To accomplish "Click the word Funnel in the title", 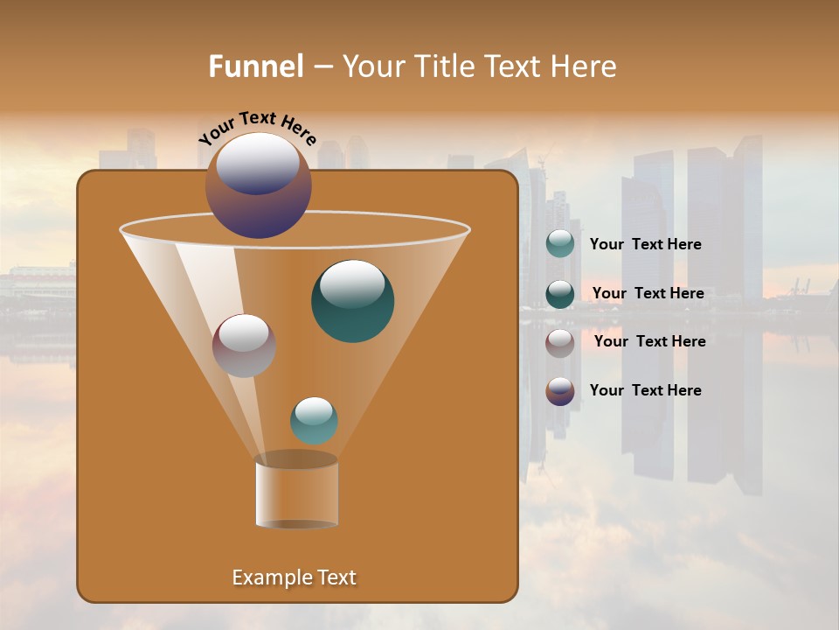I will pyautogui.click(x=256, y=66).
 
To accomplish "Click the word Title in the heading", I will pyautogui.click(x=444, y=66).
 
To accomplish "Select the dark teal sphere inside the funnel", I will pyautogui.click(x=353, y=302).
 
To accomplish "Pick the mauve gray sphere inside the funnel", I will pyautogui.click(x=244, y=346).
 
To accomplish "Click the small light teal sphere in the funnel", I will pyautogui.click(x=314, y=421).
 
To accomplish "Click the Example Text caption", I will pyautogui.click(x=294, y=577).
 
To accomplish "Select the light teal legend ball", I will pyautogui.click(x=560, y=244).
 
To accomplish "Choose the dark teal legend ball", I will pyautogui.click(x=560, y=294).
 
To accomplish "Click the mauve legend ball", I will pyautogui.click(x=560, y=342).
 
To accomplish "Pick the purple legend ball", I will pyautogui.click(x=560, y=391).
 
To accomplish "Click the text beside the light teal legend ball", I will pyautogui.click(x=645, y=244).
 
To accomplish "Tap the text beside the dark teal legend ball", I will pyautogui.click(x=648, y=293).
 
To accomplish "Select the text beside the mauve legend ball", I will pyautogui.click(x=649, y=341).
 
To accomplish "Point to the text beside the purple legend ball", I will pyautogui.click(x=645, y=390).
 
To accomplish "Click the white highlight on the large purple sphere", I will pyautogui.click(x=257, y=164).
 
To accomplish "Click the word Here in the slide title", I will pyautogui.click(x=584, y=66).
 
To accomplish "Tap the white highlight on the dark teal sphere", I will pyautogui.click(x=352, y=283).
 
